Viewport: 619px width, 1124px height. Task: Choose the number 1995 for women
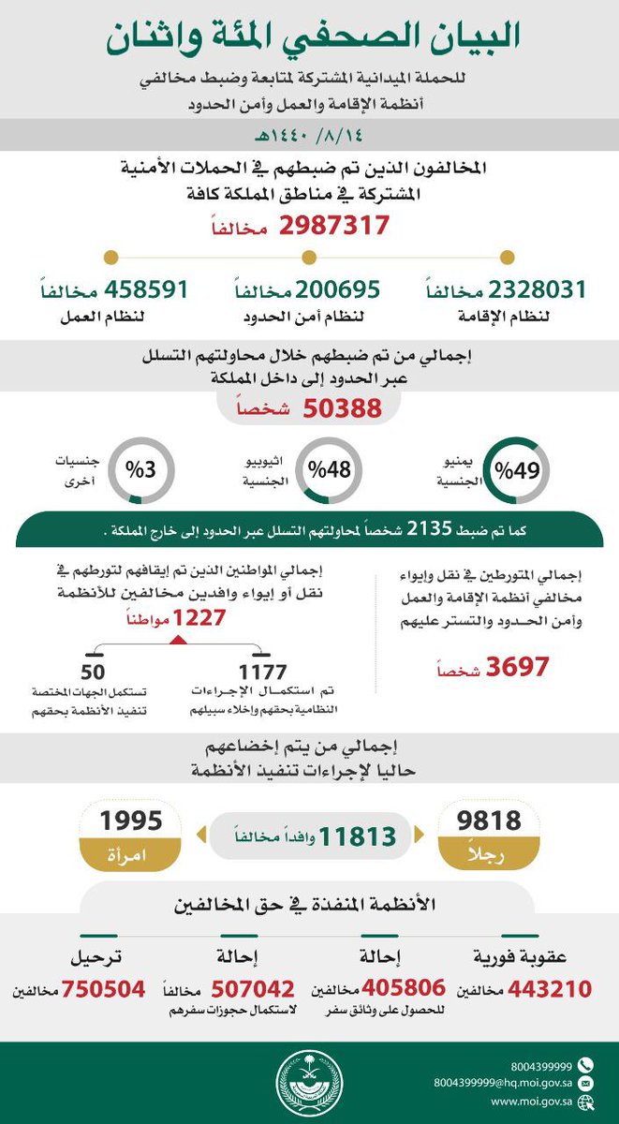tap(131, 821)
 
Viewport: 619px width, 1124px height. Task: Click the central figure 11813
tap(358, 836)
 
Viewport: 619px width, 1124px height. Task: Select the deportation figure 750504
tap(103, 989)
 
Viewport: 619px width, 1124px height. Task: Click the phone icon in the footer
tap(585, 1065)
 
